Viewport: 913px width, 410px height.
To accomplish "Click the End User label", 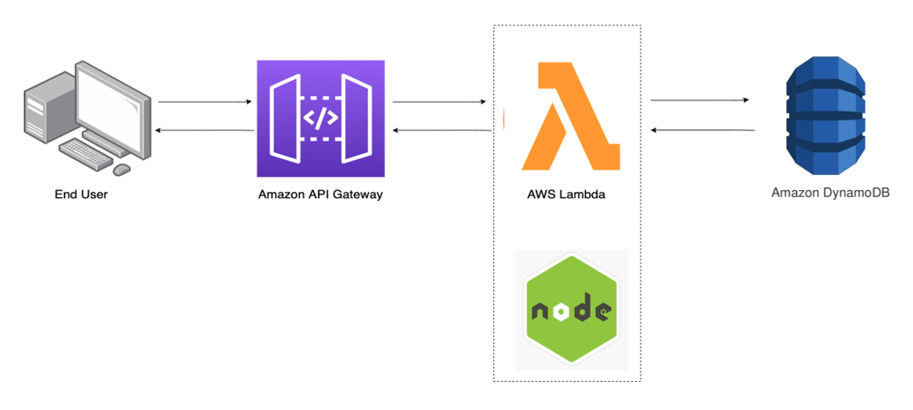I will tap(81, 194).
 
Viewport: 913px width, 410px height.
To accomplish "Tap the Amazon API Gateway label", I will tap(321, 194).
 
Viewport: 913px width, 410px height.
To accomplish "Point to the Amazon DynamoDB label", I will tap(830, 192).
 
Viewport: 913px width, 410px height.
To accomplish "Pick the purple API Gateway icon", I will tap(321, 119).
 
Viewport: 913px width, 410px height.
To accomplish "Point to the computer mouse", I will tap(122, 168).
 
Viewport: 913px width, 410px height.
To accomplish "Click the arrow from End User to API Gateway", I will tap(205, 102).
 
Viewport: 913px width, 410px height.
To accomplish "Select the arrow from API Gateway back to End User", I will tap(205, 130).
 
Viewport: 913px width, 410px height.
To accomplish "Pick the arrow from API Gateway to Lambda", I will tap(439, 102).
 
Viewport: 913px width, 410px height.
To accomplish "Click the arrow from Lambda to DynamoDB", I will tap(699, 100).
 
